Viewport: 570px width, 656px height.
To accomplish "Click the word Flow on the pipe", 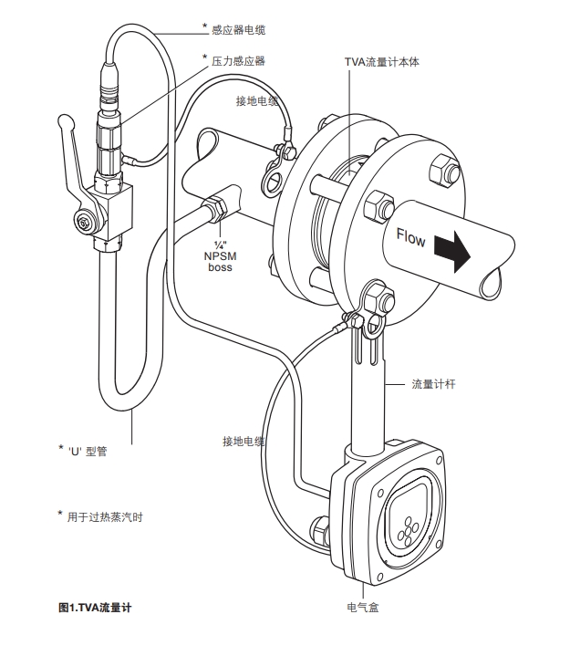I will click(x=410, y=239).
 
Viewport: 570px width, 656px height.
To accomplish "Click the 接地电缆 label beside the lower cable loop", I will click(x=244, y=442).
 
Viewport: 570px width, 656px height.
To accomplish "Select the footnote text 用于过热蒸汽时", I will click(x=105, y=517).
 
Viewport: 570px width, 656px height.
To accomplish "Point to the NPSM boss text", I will click(x=220, y=256).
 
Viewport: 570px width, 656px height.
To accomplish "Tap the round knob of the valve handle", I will click(x=64, y=120).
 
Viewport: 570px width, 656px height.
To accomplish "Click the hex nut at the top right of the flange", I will click(x=442, y=171).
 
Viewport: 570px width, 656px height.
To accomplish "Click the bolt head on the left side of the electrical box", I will click(x=319, y=528).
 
